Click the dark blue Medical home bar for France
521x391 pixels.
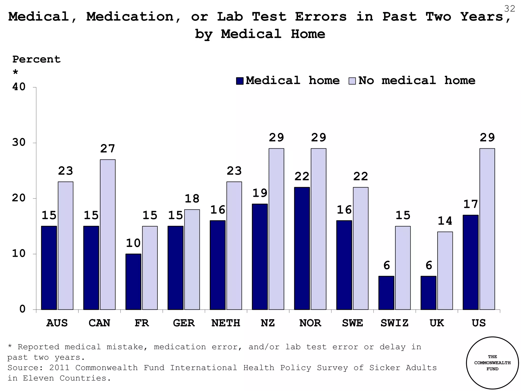click(x=133, y=282)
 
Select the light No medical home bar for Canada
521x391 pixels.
click(x=108, y=234)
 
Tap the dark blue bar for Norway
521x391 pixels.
click(x=302, y=248)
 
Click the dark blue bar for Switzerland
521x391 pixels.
click(x=386, y=293)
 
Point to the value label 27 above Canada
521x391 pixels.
click(x=108, y=149)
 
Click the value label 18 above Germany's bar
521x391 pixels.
click(x=192, y=199)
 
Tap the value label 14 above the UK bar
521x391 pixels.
click(x=445, y=221)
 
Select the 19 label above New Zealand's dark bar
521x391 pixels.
click(x=260, y=193)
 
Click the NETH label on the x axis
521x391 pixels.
click(x=226, y=323)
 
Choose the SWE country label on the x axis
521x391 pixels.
click(x=352, y=323)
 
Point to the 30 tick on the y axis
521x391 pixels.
click(x=19, y=142)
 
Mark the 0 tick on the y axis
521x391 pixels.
click(x=22, y=309)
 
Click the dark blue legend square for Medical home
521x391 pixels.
click(x=240, y=81)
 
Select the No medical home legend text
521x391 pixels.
click(x=417, y=80)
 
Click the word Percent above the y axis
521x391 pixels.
click(x=36, y=59)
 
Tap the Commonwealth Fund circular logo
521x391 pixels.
click(x=492, y=363)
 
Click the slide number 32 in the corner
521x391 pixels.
click(x=509, y=9)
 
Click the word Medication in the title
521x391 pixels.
click(x=130, y=17)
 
